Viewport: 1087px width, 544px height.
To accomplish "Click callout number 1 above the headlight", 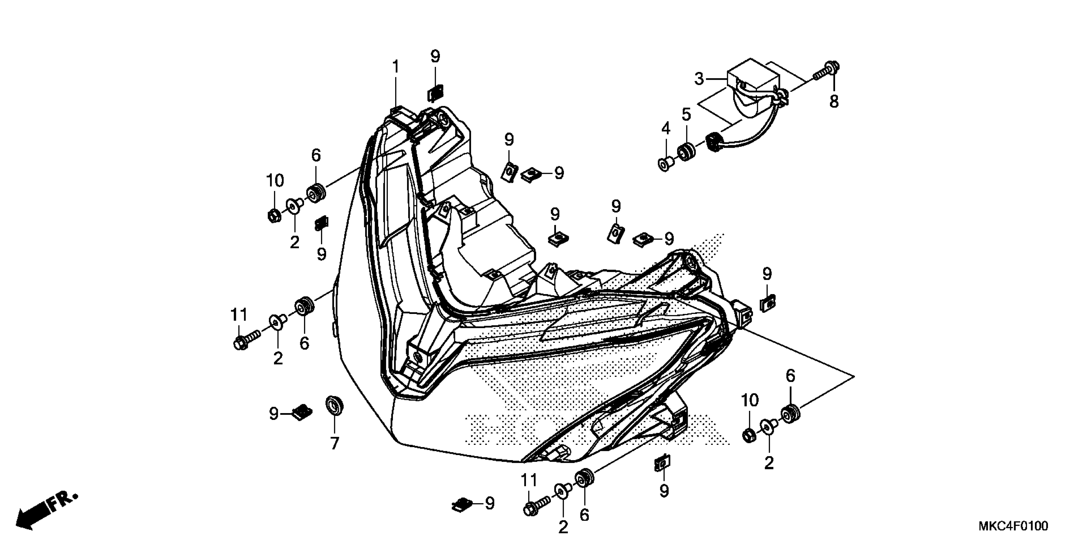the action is click(x=395, y=67).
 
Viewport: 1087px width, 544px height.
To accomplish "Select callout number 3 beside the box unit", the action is click(x=699, y=78).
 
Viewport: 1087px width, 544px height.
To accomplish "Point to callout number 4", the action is click(x=665, y=128).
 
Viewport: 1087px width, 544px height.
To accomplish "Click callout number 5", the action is click(x=686, y=115).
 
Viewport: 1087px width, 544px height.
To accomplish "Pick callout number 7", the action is click(x=334, y=443).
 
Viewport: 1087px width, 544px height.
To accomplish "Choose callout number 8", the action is click(x=834, y=101).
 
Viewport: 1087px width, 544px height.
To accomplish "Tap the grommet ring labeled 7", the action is click(x=334, y=405).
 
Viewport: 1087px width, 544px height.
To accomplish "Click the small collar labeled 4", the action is click(x=665, y=164).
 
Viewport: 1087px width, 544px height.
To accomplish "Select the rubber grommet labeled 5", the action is click(x=686, y=153).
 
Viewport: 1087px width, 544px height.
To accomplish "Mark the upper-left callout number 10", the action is click(x=275, y=181).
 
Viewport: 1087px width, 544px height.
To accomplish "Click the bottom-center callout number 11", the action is click(x=529, y=480).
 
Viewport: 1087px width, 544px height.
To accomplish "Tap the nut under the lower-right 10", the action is click(x=749, y=435).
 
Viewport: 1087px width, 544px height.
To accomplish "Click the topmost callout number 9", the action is click(x=435, y=56).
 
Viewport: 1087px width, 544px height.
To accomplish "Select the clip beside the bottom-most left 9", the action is click(x=462, y=504).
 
